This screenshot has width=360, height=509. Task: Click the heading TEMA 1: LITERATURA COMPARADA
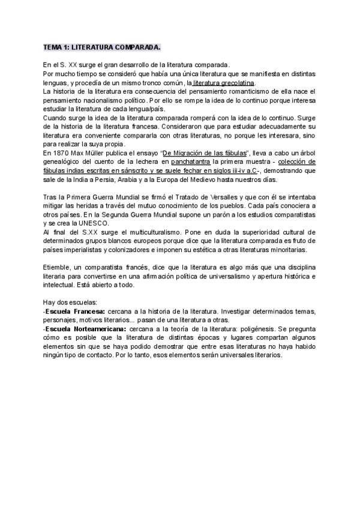pyautogui.click(x=102, y=47)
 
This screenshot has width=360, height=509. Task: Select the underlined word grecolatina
pyautogui.click(x=237, y=82)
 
